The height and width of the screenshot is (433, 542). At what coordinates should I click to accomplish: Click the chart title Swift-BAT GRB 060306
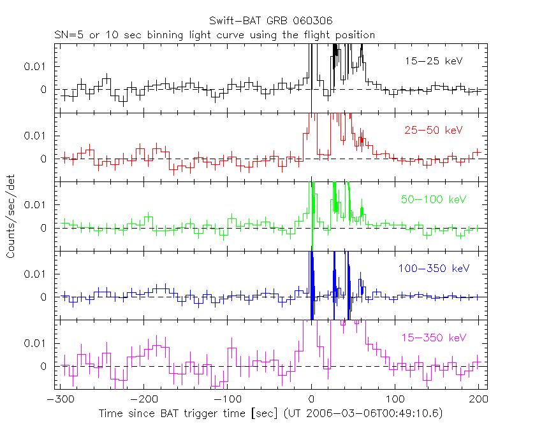coord(271,21)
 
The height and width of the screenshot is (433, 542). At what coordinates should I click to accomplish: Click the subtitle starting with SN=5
coord(214,35)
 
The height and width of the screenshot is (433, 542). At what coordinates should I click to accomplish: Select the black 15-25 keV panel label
coord(433,61)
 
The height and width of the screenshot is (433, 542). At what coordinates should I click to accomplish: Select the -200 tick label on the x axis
coord(142,401)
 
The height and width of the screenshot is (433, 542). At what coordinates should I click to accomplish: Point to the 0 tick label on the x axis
coord(311,401)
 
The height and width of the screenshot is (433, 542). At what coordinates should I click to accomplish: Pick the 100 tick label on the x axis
coord(395,401)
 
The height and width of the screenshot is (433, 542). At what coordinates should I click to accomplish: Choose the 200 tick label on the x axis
coord(478,401)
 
